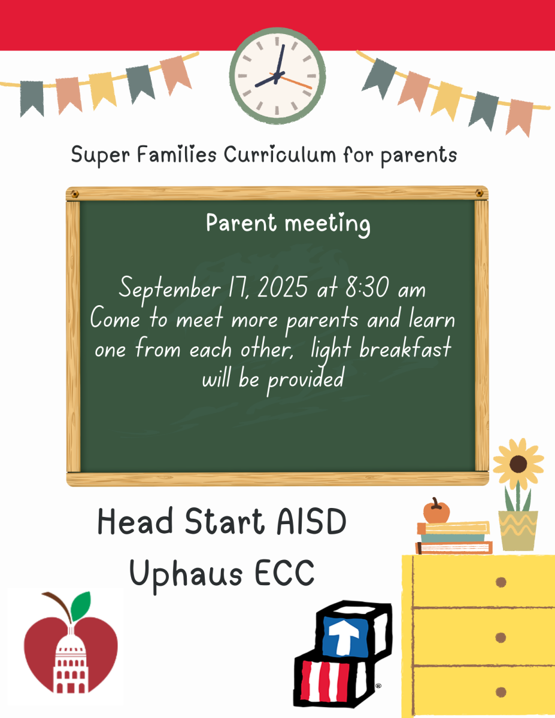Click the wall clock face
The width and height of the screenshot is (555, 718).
point(277,76)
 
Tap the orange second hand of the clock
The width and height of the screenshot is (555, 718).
point(291,81)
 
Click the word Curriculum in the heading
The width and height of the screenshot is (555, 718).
point(280,154)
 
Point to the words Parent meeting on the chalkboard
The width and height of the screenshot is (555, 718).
point(288,224)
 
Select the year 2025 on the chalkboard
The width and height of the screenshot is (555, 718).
point(283,287)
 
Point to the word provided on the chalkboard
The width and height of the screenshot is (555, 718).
point(306,379)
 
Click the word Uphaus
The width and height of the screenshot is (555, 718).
point(186,575)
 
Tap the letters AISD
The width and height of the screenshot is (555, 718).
point(311,522)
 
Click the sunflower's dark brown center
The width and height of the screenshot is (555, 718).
point(518,464)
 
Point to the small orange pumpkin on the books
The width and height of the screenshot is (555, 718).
point(436,510)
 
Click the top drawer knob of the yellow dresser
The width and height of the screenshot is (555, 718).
point(501,582)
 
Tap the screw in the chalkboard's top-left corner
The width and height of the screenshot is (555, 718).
point(75,194)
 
